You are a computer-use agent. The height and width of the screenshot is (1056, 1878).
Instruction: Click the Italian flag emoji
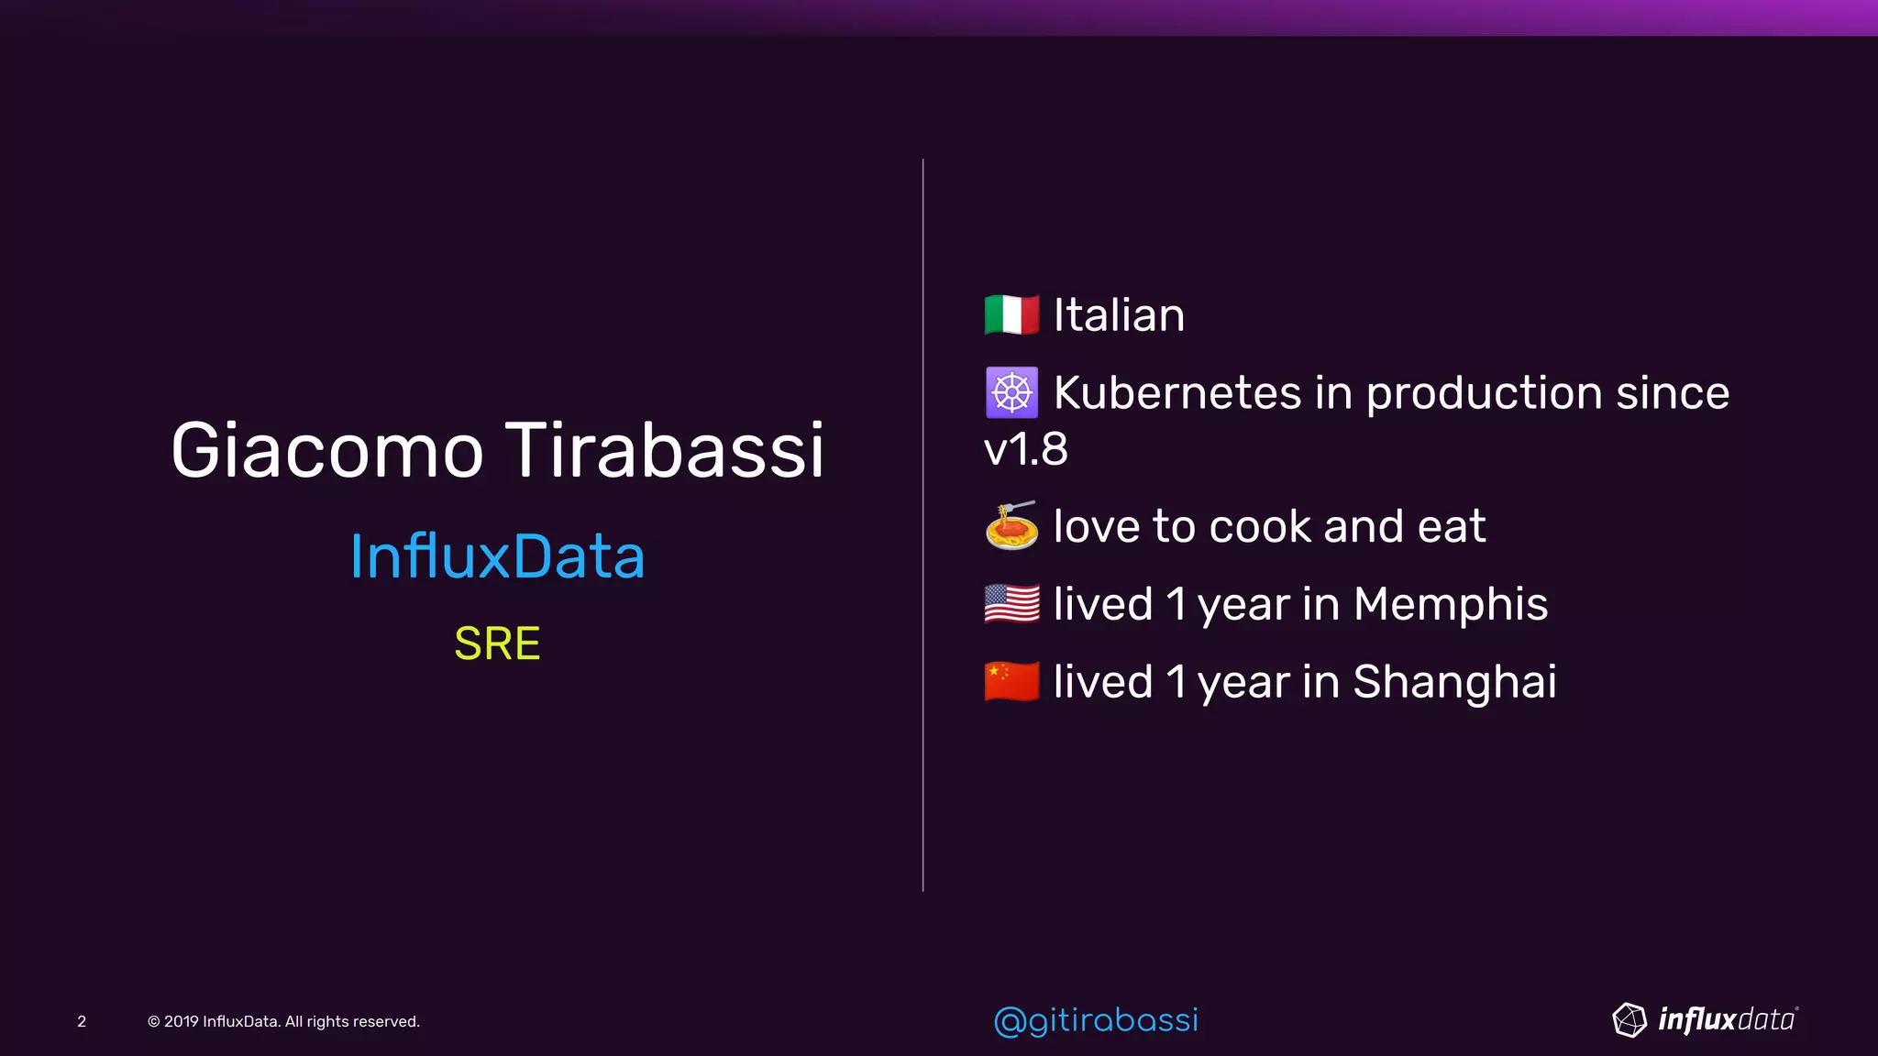pos(1011,314)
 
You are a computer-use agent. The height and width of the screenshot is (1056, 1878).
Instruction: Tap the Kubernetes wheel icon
pos(1011,392)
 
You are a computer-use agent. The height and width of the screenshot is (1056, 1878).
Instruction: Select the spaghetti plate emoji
pos(1011,525)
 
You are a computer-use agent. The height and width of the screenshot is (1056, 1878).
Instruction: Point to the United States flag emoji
pos(1011,603)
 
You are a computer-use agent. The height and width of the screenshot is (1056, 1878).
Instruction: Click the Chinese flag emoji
pos(1011,681)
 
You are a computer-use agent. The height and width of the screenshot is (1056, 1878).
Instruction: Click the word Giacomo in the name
pos(326,450)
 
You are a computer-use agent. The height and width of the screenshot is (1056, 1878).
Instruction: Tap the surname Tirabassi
pos(665,450)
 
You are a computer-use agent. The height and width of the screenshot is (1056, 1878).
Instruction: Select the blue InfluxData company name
pos(497,556)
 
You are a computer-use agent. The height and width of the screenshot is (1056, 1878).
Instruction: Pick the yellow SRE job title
pos(497,643)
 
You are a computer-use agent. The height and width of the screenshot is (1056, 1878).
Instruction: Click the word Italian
pos(1119,315)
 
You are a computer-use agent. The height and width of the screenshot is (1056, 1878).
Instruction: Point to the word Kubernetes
pos(1177,392)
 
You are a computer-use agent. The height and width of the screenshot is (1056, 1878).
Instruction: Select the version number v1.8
pos(1025,449)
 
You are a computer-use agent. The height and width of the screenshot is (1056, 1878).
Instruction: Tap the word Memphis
pos(1451,604)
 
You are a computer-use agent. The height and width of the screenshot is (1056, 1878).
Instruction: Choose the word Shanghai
pos(1454,682)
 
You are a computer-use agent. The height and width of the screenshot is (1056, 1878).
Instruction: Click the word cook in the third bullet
pos(1260,526)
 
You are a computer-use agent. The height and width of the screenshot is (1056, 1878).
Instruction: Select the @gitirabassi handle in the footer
pos(1096,1020)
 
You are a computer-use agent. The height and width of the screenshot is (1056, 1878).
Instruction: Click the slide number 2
pos(82,1021)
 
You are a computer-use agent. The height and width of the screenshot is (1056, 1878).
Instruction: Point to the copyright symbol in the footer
pos(153,1021)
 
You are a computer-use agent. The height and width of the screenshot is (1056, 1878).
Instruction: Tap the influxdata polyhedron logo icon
pos(1629,1019)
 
